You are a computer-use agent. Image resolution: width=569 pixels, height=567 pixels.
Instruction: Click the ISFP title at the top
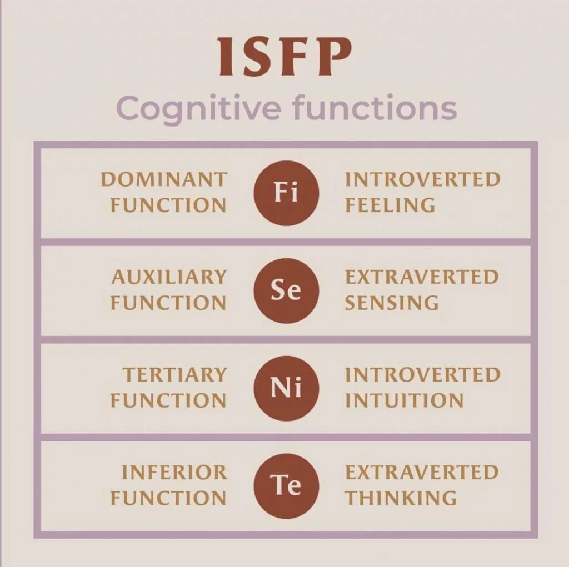click(x=284, y=57)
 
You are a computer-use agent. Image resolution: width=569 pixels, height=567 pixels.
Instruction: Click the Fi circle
click(x=286, y=193)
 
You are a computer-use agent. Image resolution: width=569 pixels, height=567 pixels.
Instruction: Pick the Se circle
click(x=286, y=290)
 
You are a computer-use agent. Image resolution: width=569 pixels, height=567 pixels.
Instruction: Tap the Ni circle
click(x=286, y=388)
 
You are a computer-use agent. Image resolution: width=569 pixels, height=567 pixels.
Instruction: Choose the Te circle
click(x=286, y=485)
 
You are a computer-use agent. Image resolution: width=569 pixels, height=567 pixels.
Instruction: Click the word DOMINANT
click(x=163, y=179)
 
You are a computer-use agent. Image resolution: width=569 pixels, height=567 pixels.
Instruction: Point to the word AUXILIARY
click(x=169, y=277)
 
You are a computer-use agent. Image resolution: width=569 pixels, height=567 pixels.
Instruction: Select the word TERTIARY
click(x=174, y=375)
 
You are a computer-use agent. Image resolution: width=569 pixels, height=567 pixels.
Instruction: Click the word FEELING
click(x=390, y=205)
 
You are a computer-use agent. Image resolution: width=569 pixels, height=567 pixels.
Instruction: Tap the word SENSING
click(x=391, y=303)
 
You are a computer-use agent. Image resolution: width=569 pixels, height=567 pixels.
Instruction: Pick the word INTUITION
click(x=404, y=400)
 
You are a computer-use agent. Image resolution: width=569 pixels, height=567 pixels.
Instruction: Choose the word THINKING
click(x=401, y=498)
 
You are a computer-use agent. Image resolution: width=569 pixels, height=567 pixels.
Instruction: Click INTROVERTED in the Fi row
click(x=422, y=179)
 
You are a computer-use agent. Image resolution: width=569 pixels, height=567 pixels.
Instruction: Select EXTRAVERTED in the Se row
click(x=422, y=277)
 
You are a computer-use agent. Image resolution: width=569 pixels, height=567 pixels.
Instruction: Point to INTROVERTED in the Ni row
click(x=422, y=375)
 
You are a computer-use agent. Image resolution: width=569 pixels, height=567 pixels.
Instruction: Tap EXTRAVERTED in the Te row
click(x=422, y=473)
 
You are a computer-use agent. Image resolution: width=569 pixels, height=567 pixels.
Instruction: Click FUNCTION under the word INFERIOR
click(x=168, y=498)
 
